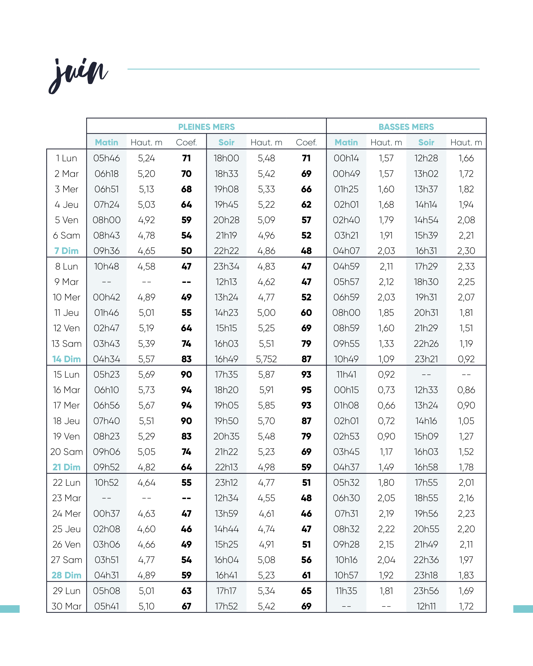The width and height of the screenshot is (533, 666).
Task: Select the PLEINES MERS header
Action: [x=206, y=127]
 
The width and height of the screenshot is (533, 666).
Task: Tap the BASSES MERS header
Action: [x=406, y=127]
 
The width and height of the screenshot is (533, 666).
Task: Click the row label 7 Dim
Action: [x=66, y=251]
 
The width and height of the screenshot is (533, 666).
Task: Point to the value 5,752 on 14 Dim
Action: [x=266, y=359]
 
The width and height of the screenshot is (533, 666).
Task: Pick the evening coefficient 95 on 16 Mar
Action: [x=306, y=390]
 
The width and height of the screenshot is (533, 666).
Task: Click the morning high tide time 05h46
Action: [x=107, y=158]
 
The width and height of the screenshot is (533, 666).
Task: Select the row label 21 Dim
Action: [x=66, y=467]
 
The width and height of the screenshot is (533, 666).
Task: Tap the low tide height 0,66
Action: [x=386, y=405]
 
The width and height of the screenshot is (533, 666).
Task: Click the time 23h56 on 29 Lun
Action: [x=426, y=591]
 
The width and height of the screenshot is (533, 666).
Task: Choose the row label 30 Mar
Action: [x=66, y=606]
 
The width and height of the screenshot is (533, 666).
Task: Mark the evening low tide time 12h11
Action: [x=426, y=606]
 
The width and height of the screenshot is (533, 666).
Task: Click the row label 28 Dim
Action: [x=66, y=575]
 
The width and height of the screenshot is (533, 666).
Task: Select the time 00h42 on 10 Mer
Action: [x=107, y=297]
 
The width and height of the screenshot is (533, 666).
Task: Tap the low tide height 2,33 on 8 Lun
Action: [x=466, y=266]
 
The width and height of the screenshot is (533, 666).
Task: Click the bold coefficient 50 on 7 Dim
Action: [x=186, y=251]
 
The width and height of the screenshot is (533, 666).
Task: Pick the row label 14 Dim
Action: [x=66, y=359]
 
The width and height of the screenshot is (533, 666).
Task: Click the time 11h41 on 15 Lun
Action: [x=346, y=374]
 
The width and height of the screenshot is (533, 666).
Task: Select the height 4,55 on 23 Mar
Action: [x=266, y=498]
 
